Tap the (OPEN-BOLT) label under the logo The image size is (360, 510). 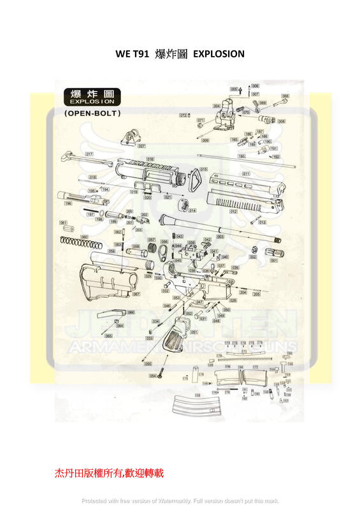tap(93, 113)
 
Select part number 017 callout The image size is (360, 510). tap(89, 154)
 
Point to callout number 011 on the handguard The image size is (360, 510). tap(246, 173)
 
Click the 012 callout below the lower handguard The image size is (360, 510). tap(234, 211)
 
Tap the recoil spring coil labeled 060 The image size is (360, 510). tap(80, 243)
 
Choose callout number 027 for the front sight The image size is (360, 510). tap(141, 146)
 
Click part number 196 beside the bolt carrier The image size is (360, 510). tap(68, 203)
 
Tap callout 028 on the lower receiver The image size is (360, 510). tap(233, 300)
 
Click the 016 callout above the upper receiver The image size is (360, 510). tap(150, 159)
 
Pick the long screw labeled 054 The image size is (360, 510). tap(162, 371)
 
